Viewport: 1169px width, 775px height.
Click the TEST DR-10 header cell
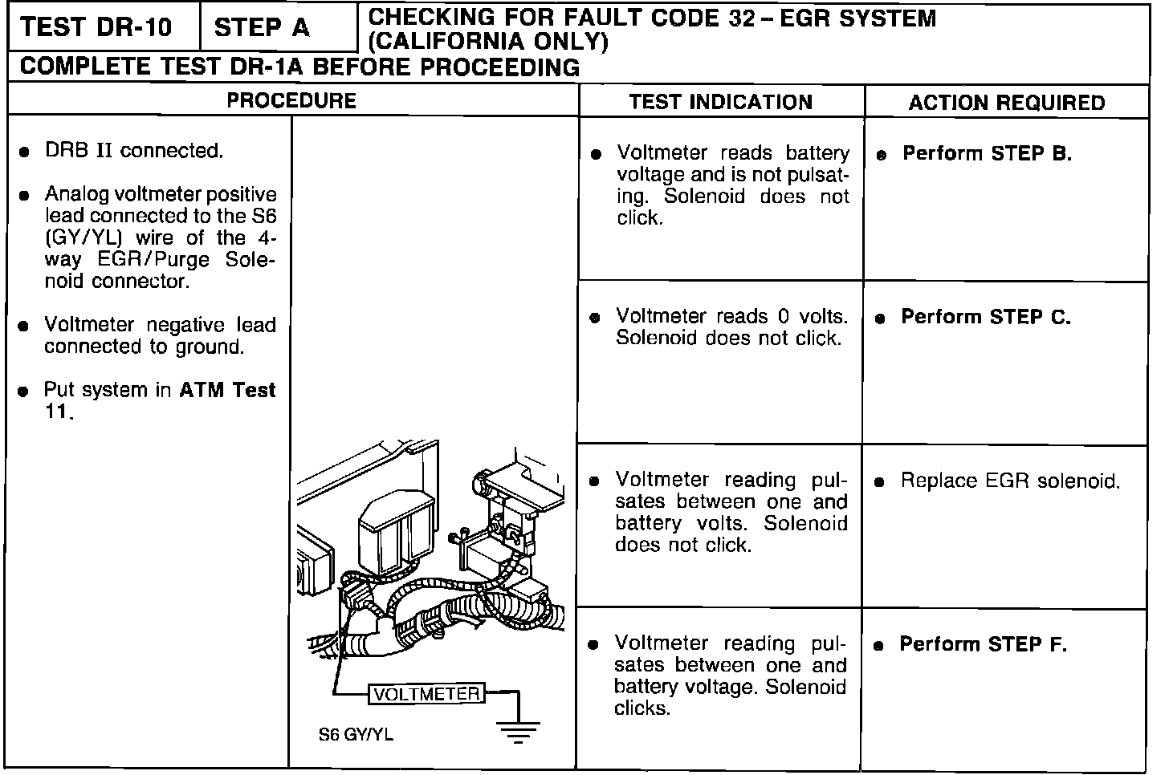96,27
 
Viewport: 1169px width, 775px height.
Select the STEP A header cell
262,27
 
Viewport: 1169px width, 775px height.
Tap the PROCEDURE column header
291,101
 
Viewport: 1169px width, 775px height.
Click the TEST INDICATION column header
720,102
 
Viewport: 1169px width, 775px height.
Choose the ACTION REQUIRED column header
1006,103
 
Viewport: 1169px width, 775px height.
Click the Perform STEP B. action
987,153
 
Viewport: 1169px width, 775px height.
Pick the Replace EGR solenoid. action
1009,481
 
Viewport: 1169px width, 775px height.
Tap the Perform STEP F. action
983,644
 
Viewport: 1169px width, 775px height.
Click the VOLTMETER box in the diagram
426,694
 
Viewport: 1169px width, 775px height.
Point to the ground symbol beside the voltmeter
518,730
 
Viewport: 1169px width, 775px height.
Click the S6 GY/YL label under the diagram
356,735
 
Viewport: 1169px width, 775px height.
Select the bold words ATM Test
227,390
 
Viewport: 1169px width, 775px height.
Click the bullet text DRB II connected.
133,151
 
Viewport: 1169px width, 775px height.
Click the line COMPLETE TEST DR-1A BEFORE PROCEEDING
299,67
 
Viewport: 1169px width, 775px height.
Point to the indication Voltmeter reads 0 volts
731,316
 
